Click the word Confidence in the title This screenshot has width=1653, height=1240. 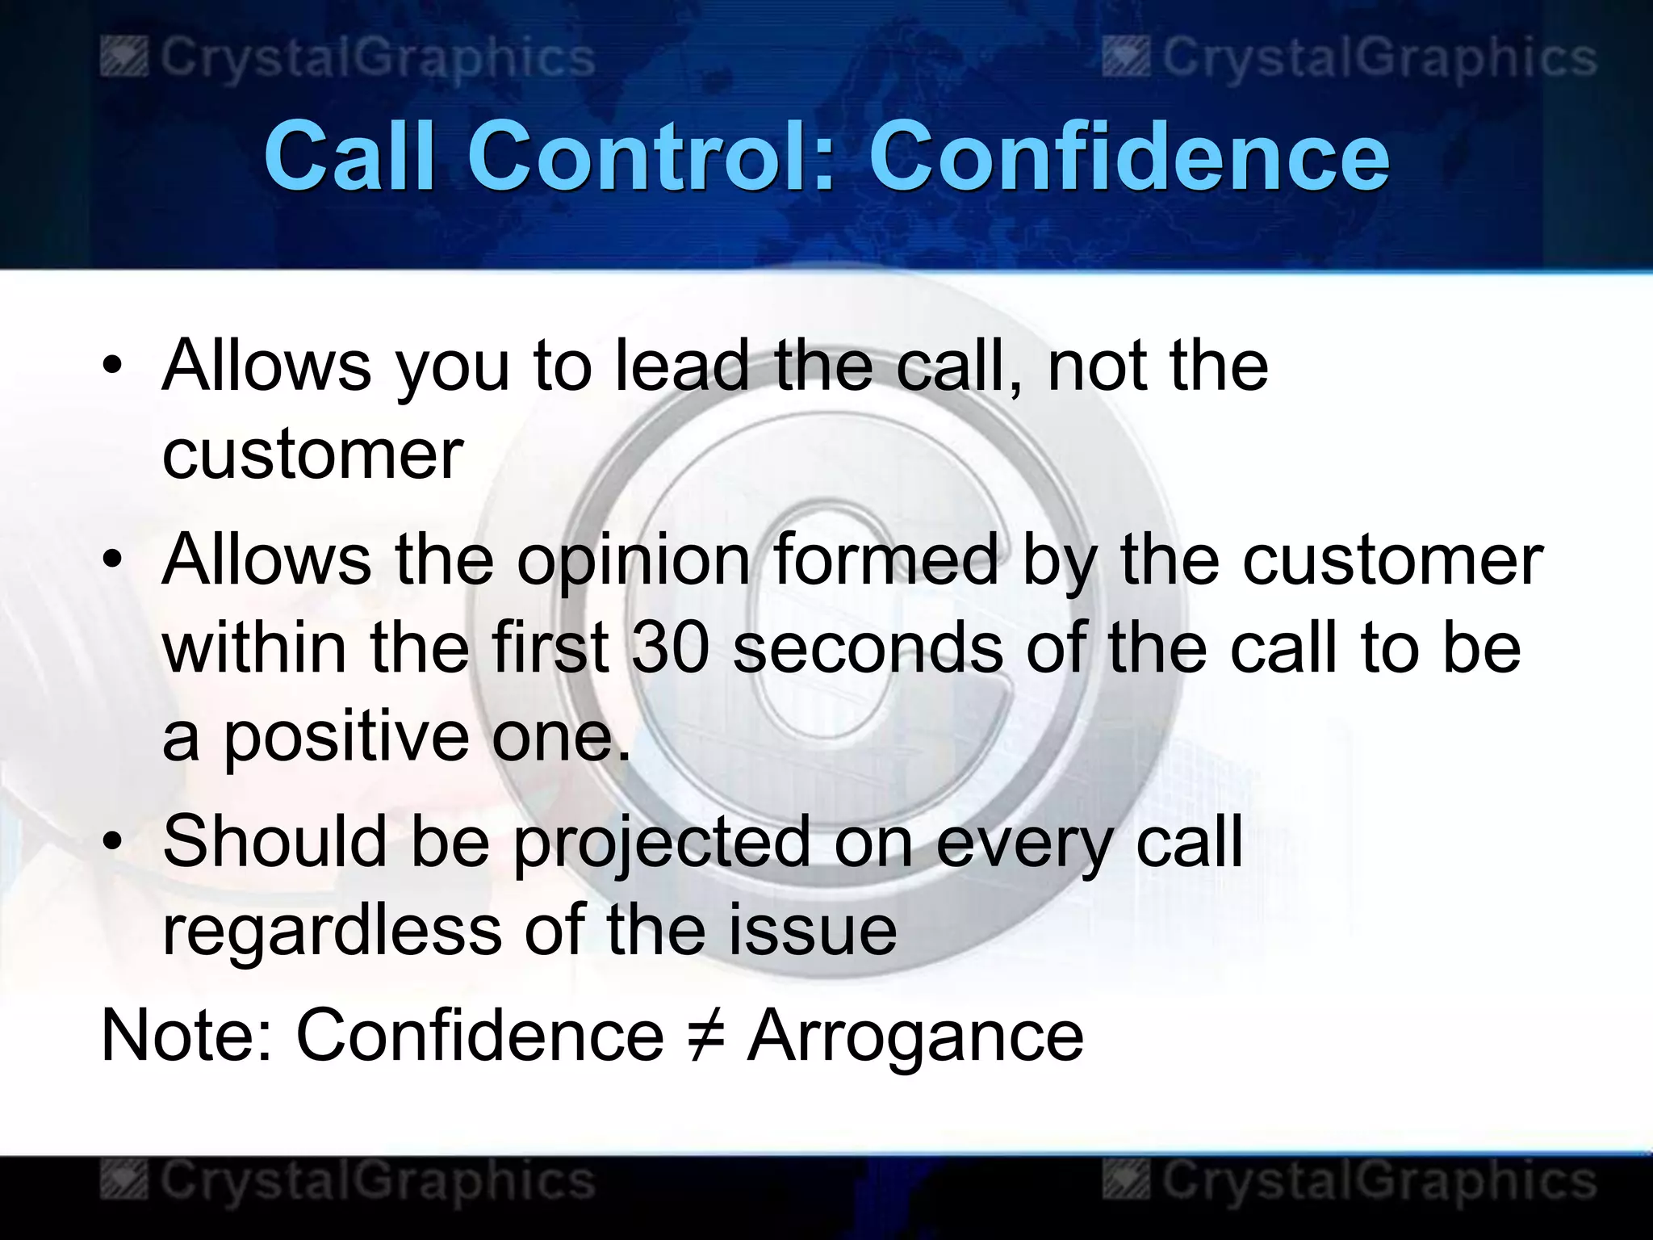tap(1128, 156)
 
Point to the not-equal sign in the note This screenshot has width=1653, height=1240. tap(705, 1037)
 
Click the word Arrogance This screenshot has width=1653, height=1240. tap(915, 1037)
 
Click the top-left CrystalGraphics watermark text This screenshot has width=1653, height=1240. tap(376, 57)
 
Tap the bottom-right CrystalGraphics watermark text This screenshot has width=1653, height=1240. tap(1379, 1180)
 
